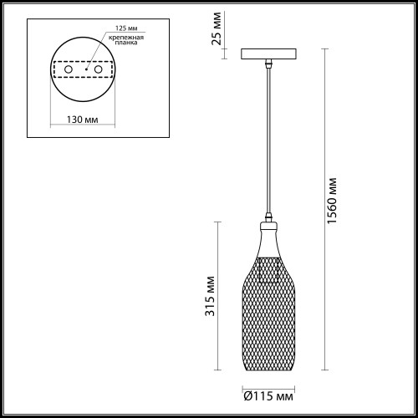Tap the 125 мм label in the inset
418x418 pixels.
click(x=116, y=28)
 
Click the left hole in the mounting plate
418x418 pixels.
click(x=69, y=71)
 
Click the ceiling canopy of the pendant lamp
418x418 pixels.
click(x=269, y=54)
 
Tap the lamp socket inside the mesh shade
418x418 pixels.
click(x=269, y=269)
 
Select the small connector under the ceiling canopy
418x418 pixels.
click(x=269, y=63)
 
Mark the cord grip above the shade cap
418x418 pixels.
click(x=269, y=216)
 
